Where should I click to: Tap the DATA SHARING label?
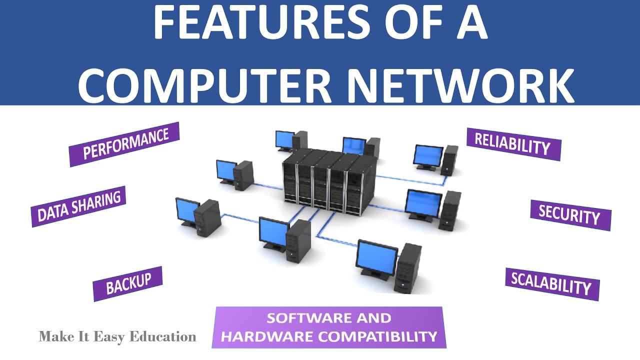[78, 206]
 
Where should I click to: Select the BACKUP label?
[128, 283]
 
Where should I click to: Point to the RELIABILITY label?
[513, 144]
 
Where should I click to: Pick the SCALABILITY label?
[551, 284]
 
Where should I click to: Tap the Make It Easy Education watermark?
[117, 336]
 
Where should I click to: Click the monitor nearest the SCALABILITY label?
[377, 256]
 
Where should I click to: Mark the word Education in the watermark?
[163, 336]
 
